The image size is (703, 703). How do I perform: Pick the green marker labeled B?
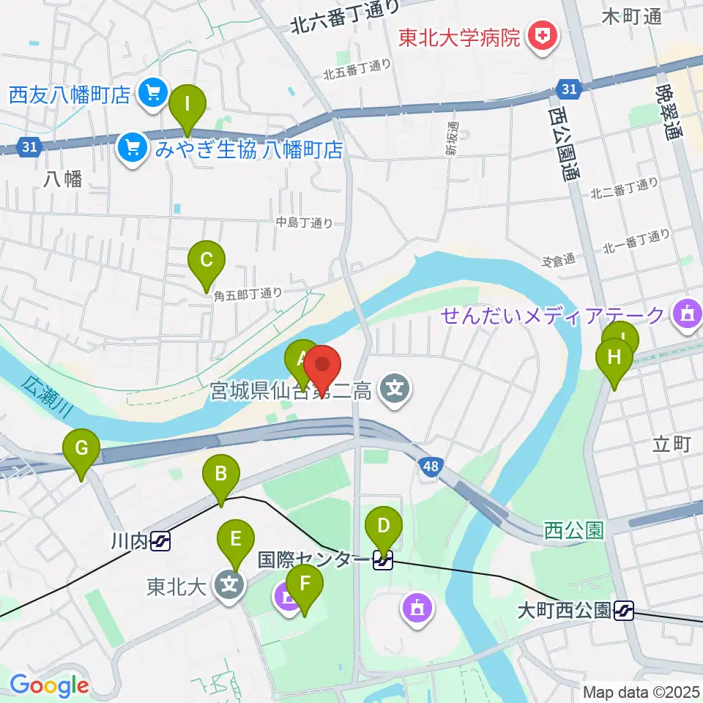[220, 477]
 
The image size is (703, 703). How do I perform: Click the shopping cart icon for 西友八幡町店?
[153, 94]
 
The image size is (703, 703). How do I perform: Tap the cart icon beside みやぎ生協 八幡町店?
[133, 149]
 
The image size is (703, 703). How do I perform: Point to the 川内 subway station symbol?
[160, 542]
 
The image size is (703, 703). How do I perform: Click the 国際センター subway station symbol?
[383, 561]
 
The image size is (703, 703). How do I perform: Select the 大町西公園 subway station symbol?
[624, 609]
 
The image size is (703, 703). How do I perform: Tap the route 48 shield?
[430, 466]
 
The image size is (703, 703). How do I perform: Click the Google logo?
[49, 686]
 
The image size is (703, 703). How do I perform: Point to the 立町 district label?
[670, 445]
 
